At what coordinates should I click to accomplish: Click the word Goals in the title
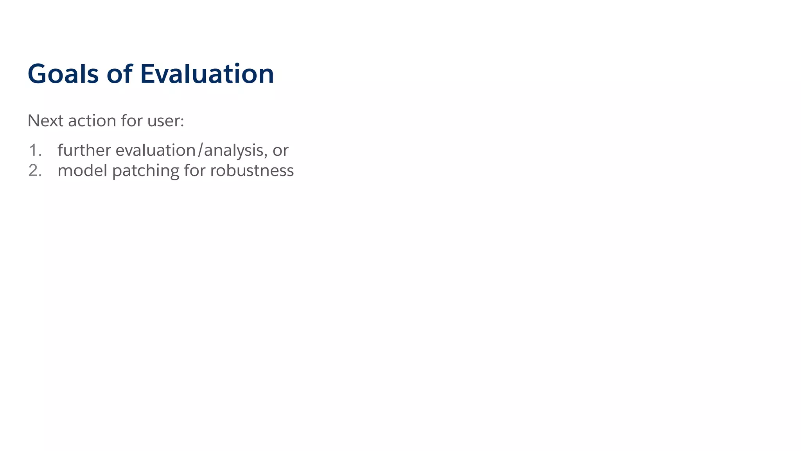tap(63, 74)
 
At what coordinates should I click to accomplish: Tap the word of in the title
tap(119, 74)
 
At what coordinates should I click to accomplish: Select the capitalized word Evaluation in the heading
tap(207, 74)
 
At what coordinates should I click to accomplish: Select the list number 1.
tap(34, 151)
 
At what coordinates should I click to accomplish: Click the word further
tap(84, 150)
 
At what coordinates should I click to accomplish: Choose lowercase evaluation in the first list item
tap(155, 151)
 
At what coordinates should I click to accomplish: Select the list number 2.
tap(34, 171)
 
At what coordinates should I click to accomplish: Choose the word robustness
tap(252, 171)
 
